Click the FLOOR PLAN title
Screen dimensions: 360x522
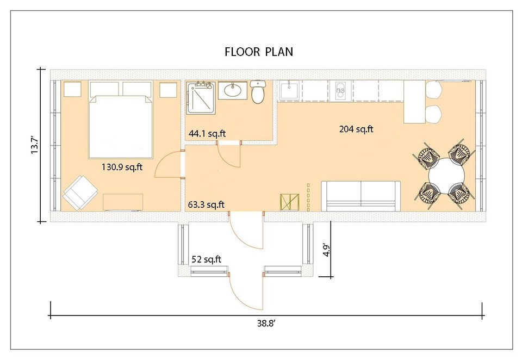[x=259, y=52]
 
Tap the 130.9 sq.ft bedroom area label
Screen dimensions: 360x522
[x=122, y=167]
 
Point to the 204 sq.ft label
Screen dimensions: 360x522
[x=356, y=129]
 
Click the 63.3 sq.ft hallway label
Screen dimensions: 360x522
[x=206, y=205]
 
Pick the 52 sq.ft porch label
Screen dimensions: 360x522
[x=206, y=259]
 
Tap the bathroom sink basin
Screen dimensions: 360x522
[x=234, y=90]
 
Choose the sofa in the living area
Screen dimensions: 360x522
[x=361, y=196]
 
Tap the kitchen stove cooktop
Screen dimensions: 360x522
[x=340, y=90]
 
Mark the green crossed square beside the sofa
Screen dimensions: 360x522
[x=289, y=202]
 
